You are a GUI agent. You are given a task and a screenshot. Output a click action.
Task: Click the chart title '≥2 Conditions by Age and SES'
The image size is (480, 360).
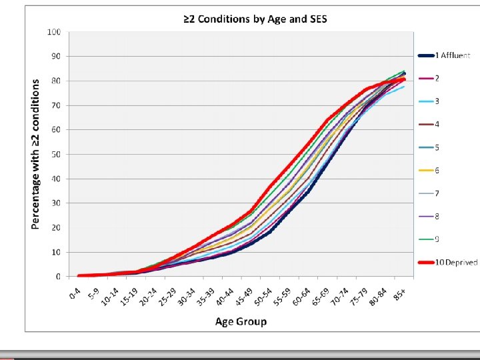[x=255, y=19]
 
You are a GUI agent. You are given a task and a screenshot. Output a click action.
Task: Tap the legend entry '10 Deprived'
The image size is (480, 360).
[x=455, y=262]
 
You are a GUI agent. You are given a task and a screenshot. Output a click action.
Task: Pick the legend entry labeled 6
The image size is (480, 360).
[x=437, y=171]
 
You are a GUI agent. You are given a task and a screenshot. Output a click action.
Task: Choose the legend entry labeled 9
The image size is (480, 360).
[x=437, y=239]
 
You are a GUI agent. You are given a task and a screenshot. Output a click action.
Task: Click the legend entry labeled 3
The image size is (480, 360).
[x=437, y=101]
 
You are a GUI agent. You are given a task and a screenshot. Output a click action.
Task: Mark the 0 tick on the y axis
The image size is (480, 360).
[x=59, y=276]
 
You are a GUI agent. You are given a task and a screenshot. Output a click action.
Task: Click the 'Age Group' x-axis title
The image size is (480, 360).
[x=241, y=322]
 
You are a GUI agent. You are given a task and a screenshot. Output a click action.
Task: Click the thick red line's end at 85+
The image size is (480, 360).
[x=403, y=79]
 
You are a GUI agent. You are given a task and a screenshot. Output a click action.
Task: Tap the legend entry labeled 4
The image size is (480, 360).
[x=437, y=125]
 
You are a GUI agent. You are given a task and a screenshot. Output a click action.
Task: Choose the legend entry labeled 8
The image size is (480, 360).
[x=437, y=217]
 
